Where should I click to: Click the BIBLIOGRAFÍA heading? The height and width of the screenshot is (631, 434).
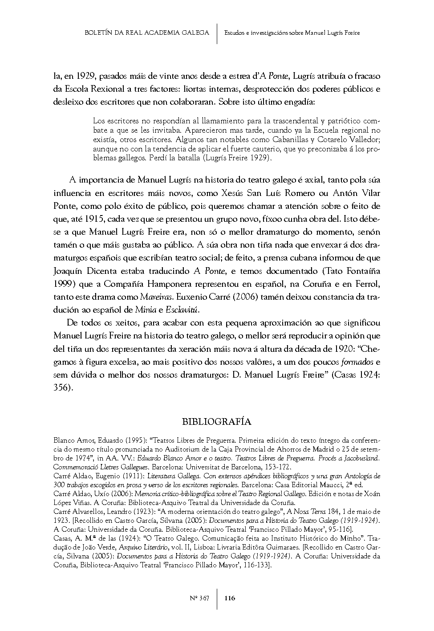click(x=217, y=422)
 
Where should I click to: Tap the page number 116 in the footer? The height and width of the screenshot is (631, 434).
click(x=230, y=598)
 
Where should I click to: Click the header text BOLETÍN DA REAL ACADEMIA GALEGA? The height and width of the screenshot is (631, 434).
click(x=146, y=33)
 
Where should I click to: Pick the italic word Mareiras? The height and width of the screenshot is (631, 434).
click(x=155, y=297)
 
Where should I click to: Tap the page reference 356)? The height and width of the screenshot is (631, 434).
click(x=63, y=387)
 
